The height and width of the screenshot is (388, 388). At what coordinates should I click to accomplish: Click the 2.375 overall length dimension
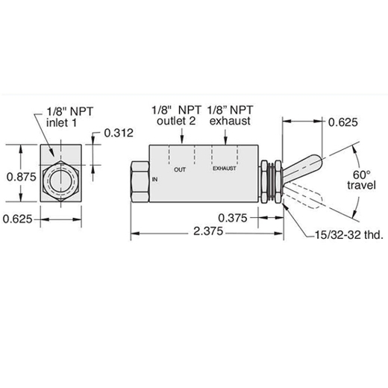click(x=208, y=231)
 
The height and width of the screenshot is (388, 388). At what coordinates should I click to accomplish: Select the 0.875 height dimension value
click(x=22, y=177)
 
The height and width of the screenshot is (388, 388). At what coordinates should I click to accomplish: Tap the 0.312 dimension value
click(x=119, y=133)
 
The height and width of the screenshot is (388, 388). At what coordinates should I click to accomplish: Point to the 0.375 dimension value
click(x=233, y=218)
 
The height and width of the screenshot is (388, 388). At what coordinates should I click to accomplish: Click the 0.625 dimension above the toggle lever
click(x=343, y=122)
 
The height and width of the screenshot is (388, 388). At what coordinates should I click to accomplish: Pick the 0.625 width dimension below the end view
click(x=17, y=219)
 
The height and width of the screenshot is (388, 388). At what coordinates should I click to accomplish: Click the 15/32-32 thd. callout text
click(x=349, y=235)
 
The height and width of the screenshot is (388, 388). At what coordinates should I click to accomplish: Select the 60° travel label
click(x=361, y=180)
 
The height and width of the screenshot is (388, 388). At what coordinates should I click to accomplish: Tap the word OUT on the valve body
click(x=180, y=169)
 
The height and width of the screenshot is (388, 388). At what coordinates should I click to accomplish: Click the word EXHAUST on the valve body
click(x=225, y=169)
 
